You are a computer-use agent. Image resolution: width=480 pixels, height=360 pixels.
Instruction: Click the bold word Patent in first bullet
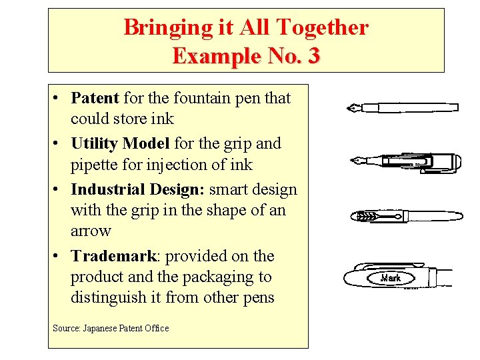(x=95, y=99)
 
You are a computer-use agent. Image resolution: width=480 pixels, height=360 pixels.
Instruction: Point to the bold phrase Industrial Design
(x=137, y=190)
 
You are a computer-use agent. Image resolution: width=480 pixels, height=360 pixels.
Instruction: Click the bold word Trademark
(x=113, y=257)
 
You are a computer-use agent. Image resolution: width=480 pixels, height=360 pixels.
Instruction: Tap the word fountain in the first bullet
(x=199, y=99)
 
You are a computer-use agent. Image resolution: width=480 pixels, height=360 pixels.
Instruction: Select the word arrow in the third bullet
(x=91, y=231)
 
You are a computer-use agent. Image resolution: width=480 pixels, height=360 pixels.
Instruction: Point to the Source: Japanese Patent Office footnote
(x=110, y=328)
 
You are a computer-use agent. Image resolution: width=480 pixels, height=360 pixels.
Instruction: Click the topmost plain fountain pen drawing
(x=403, y=107)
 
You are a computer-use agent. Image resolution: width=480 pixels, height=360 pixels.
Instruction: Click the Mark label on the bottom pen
(x=391, y=277)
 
